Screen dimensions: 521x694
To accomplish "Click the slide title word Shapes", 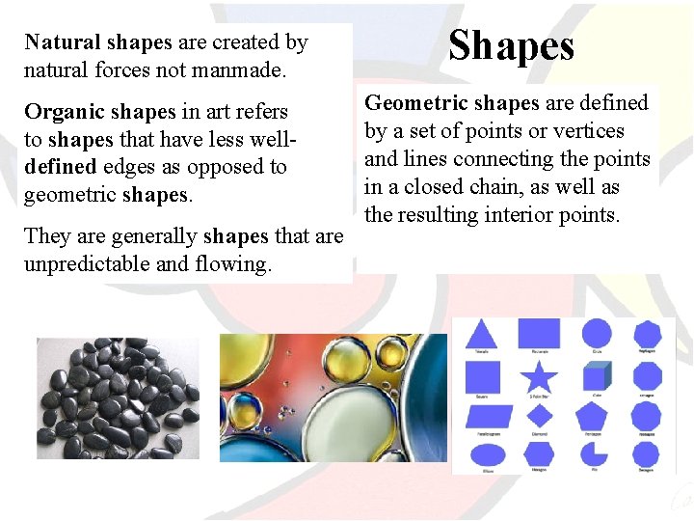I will pyautogui.click(x=511, y=45).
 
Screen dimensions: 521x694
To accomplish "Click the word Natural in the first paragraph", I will pyautogui.click(x=63, y=42).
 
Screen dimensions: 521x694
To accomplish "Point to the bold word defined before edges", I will pyautogui.click(x=59, y=167).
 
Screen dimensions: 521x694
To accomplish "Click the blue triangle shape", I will pyautogui.click(x=482, y=334).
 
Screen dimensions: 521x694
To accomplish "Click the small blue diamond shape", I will pyautogui.click(x=539, y=416).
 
